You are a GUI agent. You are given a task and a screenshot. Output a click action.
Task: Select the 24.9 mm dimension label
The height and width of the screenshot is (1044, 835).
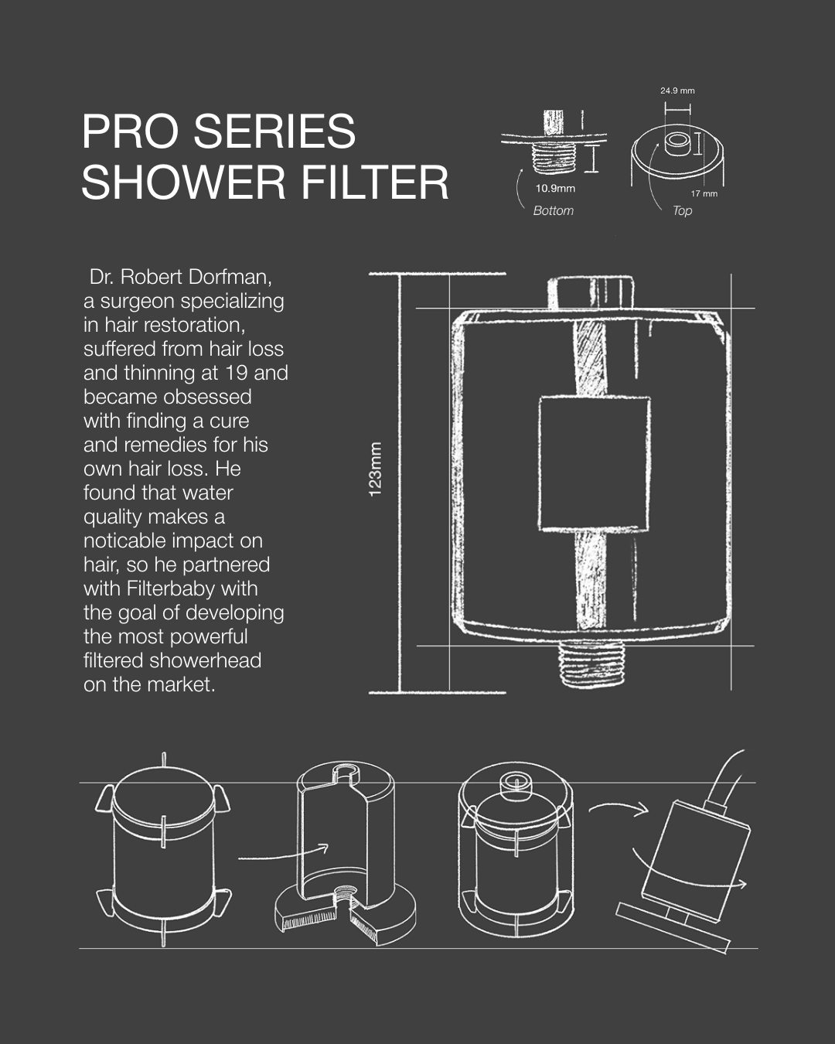tap(677, 90)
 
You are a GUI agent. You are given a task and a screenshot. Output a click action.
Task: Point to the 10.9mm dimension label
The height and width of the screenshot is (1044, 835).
tap(555, 188)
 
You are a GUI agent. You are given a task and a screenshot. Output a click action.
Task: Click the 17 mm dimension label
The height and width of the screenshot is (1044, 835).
tap(704, 193)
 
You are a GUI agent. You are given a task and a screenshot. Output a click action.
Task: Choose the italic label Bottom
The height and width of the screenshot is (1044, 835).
tap(553, 210)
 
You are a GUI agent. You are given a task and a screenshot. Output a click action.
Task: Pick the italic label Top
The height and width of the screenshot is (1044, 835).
tap(682, 211)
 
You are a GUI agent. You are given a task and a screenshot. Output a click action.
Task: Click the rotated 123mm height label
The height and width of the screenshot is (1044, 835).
tap(376, 469)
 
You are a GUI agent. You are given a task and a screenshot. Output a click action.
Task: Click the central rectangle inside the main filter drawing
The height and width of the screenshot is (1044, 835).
tap(595, 463)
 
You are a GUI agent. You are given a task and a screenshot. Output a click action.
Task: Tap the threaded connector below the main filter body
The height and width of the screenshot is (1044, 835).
tap(592, 664)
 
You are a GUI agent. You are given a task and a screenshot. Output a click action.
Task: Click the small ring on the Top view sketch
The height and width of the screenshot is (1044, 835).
tap(677, 144)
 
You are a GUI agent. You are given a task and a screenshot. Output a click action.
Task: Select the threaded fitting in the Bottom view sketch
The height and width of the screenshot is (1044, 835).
tap(554, 159)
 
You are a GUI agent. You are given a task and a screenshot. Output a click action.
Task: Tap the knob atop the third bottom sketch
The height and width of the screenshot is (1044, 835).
tap(516, 786)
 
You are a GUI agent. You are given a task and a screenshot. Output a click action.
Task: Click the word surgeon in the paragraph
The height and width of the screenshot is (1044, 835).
tap(138, 302)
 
